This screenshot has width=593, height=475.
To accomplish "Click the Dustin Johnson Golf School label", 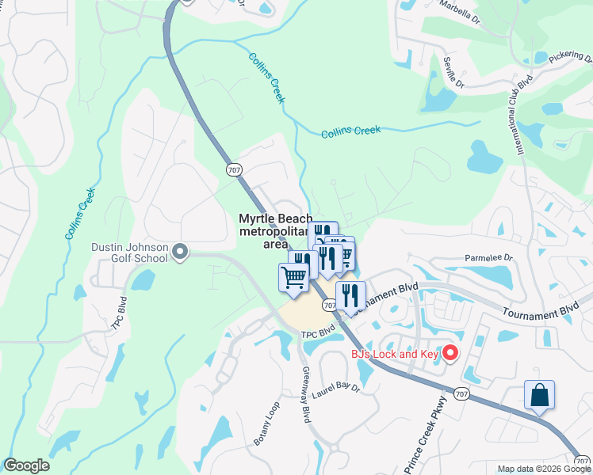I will [129, 253].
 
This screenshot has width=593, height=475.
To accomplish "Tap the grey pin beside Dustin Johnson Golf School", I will [180, 252].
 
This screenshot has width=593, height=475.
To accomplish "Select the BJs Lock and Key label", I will [395, 354].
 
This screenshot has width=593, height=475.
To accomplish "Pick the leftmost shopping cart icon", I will [293, 278].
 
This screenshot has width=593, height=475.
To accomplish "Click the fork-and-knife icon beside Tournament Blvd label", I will [350, 296].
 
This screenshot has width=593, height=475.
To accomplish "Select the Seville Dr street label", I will [451, 72].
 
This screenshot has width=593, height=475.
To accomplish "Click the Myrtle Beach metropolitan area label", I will [275, 231].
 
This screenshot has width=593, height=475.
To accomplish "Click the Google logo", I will [26, 465].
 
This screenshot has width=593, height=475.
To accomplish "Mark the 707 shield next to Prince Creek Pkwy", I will [461, 392].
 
